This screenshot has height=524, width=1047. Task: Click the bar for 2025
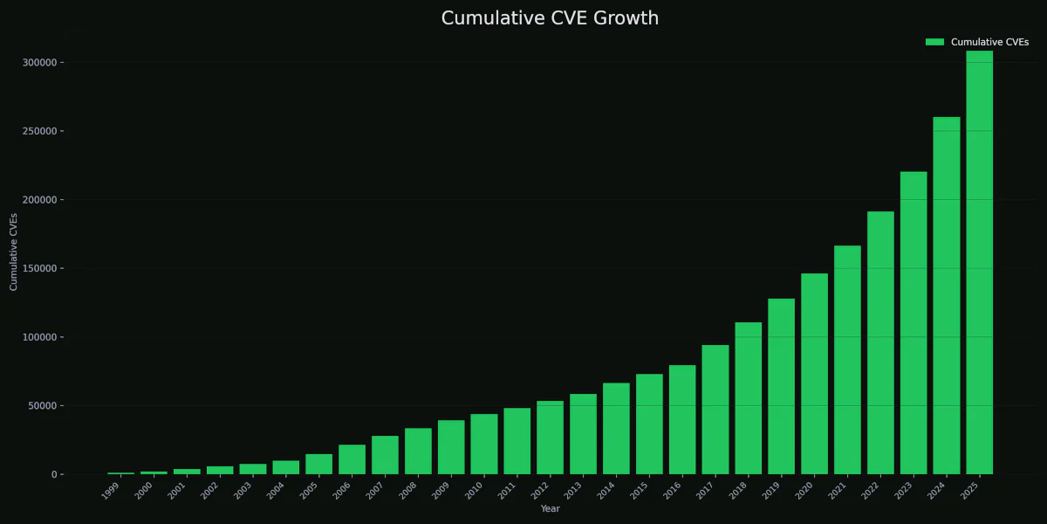pos(979,262)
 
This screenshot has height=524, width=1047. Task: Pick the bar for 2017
pos(715,410)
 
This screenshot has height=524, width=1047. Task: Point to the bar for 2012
pos(550,438)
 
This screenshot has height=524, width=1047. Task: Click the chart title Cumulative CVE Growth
pos(550,18)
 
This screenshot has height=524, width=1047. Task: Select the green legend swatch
pos(934,42)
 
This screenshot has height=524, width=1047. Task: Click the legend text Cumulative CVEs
pos(989,42)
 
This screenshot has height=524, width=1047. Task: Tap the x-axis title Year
pos(550,508)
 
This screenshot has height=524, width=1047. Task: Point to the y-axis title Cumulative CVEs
pos(14,252)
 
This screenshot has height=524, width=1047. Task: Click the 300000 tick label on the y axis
pos(40,63)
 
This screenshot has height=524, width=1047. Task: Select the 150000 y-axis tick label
pos(40,268)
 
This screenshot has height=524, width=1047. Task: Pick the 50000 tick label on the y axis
pos(43,406)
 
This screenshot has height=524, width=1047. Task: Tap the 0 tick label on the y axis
pos(53,474)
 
